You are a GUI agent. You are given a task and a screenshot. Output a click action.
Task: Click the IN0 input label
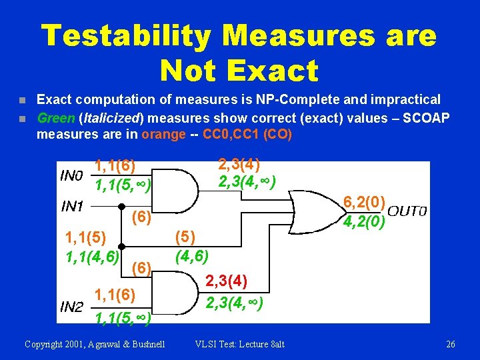[x=71, y=177]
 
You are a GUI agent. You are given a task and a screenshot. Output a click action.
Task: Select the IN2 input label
[x=71, y=307]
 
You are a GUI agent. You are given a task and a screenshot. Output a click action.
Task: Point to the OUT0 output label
[x=407, y=212]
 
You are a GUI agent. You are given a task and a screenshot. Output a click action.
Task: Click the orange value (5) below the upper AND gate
[x=185, y=237]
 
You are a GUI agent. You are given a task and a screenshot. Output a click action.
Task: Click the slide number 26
[x=451, y=344]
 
